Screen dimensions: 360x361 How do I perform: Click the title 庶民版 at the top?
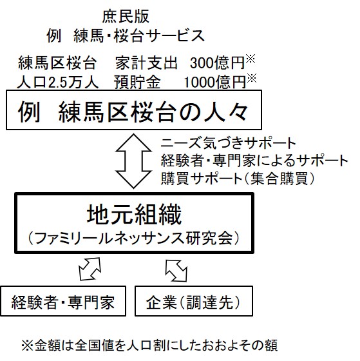(x=126, y=17)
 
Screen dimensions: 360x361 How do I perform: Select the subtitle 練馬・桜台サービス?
(x=139, y=36)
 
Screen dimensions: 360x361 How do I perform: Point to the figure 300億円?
(x=217, y=63)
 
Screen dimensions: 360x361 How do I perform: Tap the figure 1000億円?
(x=215, y=83)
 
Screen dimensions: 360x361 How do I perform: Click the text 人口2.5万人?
(x=58, y=83)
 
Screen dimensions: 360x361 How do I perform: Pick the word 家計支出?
(x=146, y=63)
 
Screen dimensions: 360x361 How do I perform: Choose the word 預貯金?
(x=137, y=83)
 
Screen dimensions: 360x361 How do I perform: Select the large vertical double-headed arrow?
(x=134, y=161)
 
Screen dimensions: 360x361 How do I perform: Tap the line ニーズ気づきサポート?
(x=228, y=143)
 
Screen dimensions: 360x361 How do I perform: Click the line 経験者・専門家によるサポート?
(x=254, y=161)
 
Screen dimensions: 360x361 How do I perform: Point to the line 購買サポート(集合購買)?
(x=238, y=179)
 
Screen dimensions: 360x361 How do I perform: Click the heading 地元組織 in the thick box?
(x=135, y=215)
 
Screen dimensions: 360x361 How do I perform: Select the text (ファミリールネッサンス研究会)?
(x=134, y=239)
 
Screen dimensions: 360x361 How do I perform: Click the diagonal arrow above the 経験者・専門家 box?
(x=90, y=269)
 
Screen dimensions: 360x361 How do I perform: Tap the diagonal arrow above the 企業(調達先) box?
(x=176, y=271)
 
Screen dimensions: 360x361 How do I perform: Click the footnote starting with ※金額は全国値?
(x=149, y=346)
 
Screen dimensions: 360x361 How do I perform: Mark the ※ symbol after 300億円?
(x=251, y=59)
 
